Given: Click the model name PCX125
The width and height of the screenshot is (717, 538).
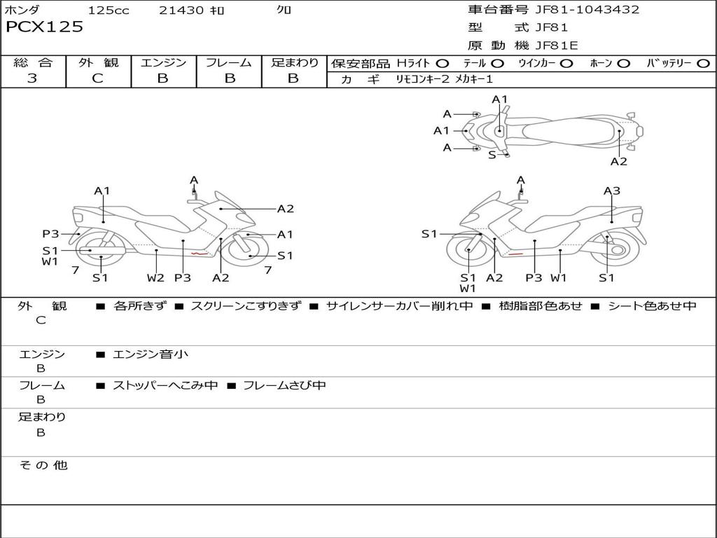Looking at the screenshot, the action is [44, 27].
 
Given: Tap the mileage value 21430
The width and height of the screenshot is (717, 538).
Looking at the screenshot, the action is [181, 11].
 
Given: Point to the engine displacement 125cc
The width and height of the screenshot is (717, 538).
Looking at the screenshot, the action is [109, 11].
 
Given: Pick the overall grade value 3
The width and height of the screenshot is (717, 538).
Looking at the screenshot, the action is [32, 78].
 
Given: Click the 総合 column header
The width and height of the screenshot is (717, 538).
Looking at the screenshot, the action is [33, 62].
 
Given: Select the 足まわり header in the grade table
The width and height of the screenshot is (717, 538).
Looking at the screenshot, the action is [294, 62].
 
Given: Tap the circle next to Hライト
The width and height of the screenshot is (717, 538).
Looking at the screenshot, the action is [443, 63].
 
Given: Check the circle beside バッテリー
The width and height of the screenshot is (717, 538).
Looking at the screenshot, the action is [703, 63].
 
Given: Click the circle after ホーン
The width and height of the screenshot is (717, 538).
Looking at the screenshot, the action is [623, 63].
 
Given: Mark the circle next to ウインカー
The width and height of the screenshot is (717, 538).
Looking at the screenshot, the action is [566, 63].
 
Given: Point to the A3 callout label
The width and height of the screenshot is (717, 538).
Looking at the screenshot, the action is [612, 191].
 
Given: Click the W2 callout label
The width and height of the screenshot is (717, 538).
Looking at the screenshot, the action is [155, 277].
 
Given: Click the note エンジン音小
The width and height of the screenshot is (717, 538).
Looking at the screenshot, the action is [151, 354].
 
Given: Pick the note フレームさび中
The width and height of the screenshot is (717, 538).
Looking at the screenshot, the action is [284, 385].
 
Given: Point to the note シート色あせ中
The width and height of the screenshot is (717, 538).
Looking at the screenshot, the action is [652, 306].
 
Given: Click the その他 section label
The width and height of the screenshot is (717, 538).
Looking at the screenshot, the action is [43, 465].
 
